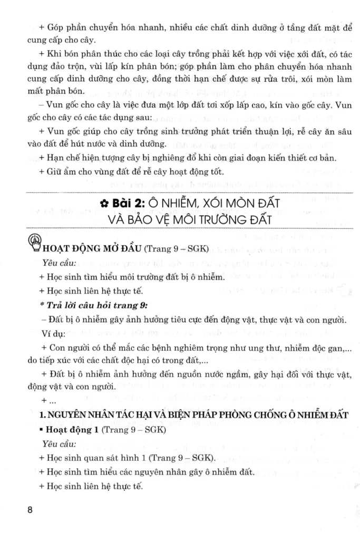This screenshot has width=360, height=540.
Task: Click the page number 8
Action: pos(30,510)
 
